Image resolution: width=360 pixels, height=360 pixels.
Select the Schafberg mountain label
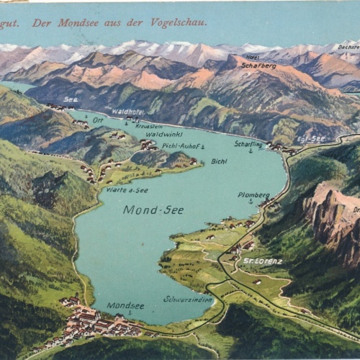[258, 65]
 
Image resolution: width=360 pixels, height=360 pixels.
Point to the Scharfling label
[248, 143]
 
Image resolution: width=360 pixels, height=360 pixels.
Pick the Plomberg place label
[253, 194]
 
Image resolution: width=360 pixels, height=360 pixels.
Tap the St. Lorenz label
[263, 261]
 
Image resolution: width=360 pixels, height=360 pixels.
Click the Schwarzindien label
[188, 298]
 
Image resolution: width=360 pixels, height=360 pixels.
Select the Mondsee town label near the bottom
[125, 305]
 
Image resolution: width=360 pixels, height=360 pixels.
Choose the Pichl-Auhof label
[181, 146]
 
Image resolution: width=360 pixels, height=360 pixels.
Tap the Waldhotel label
[127, 112]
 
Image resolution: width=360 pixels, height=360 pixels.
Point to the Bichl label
[219, 161]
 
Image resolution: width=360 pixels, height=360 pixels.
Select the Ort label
[98, 120]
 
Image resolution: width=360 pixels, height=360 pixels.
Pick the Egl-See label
[311, 138]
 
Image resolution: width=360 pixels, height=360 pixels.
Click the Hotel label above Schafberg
[253, 57]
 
